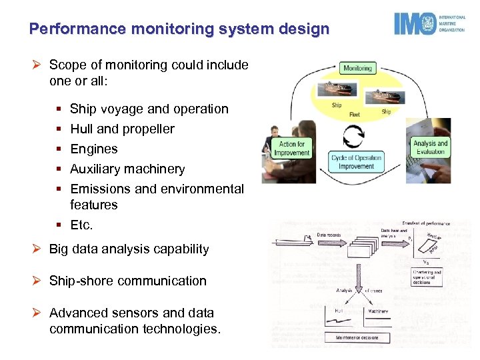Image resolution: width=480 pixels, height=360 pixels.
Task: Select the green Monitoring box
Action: [358, 67]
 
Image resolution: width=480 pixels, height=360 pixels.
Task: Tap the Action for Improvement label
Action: [292, 148]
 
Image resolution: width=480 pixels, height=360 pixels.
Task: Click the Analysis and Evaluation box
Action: [430, 147]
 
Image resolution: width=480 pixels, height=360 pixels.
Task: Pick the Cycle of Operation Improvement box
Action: [357, 162]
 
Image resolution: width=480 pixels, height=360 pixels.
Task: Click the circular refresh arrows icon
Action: [353, 135]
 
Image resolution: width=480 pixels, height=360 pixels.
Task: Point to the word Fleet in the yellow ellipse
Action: [355, 115]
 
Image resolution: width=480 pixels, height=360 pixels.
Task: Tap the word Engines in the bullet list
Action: [93, 149]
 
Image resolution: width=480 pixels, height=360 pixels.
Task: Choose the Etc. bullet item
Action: [81, 225]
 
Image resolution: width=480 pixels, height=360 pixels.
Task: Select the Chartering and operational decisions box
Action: [427, 277]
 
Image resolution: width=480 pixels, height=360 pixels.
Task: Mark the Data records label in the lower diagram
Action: [330, 235]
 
